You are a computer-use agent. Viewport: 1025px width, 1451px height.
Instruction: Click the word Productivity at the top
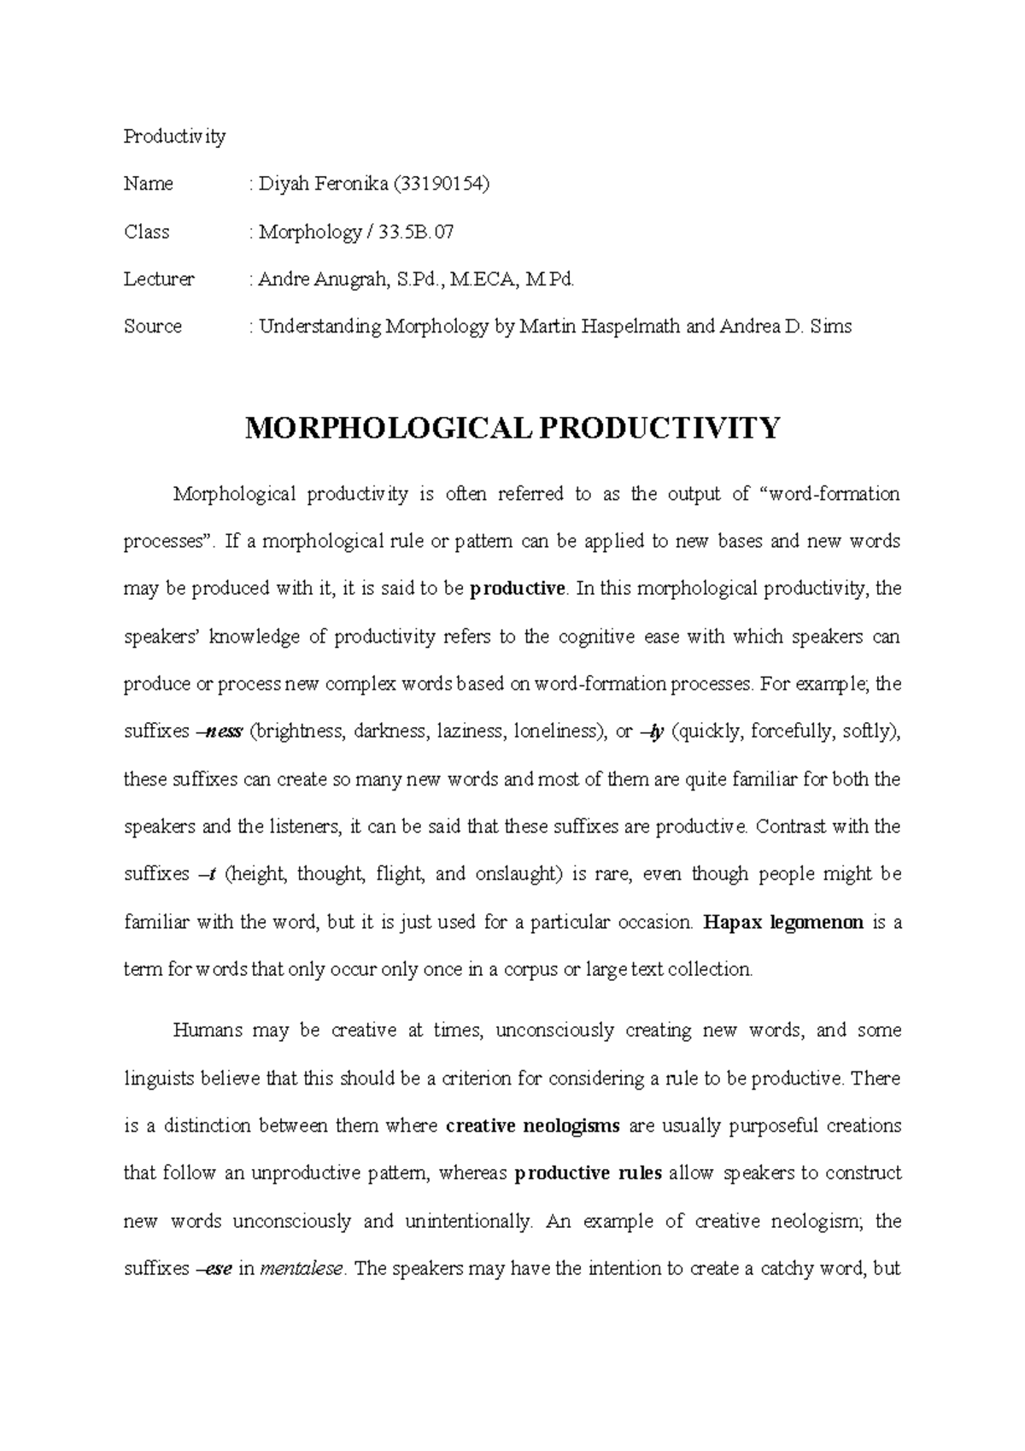pos(174,137)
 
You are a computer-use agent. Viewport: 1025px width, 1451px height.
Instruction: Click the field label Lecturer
pos(159,279)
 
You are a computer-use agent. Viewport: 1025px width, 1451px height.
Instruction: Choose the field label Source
pos(153,326)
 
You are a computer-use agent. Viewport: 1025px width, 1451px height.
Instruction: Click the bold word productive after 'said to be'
pos(518,589)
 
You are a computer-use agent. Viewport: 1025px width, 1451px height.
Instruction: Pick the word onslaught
pos(516,874)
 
